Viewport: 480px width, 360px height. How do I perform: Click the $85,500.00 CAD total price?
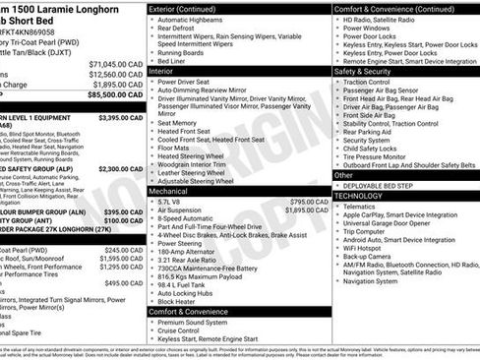[x=114, y=96]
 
